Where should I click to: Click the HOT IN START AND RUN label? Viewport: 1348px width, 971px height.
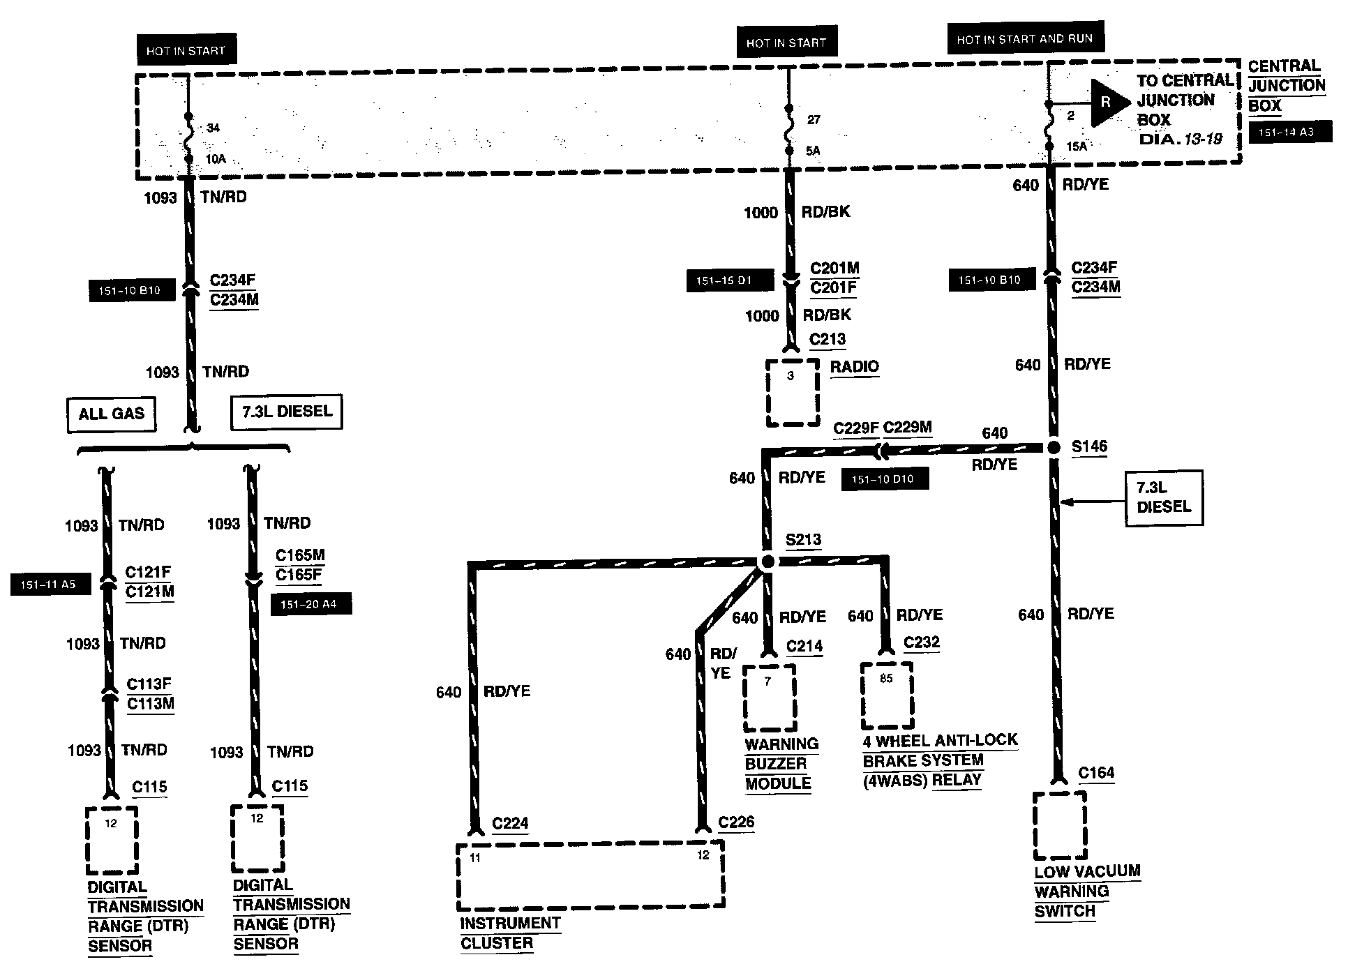point(1024,39)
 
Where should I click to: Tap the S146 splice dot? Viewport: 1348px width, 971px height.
point(1054,447)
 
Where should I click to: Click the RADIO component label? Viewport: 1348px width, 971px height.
point(854,367)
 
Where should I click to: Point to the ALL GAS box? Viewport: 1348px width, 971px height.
point(111,414)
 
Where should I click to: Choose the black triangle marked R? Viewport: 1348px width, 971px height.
point(1108,103)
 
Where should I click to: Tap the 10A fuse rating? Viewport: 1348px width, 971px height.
point(216,160)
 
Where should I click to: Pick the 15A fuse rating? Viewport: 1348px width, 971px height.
point(1077,146)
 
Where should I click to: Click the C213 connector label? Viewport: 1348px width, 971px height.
point(827,340)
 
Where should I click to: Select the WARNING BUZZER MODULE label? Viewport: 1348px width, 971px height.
point(781,764)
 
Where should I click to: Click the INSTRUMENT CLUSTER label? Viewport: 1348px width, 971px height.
point(509,933)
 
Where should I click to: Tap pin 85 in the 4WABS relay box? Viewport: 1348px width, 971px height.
point(886,679)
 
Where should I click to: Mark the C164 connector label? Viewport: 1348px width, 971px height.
point(1096,773)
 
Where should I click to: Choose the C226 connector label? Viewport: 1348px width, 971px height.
point(736,822)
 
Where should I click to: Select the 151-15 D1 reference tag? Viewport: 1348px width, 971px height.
point(730,281)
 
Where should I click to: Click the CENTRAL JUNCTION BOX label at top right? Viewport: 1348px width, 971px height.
point(1286,86)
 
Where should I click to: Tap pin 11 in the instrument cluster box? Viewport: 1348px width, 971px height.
point(475,858)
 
